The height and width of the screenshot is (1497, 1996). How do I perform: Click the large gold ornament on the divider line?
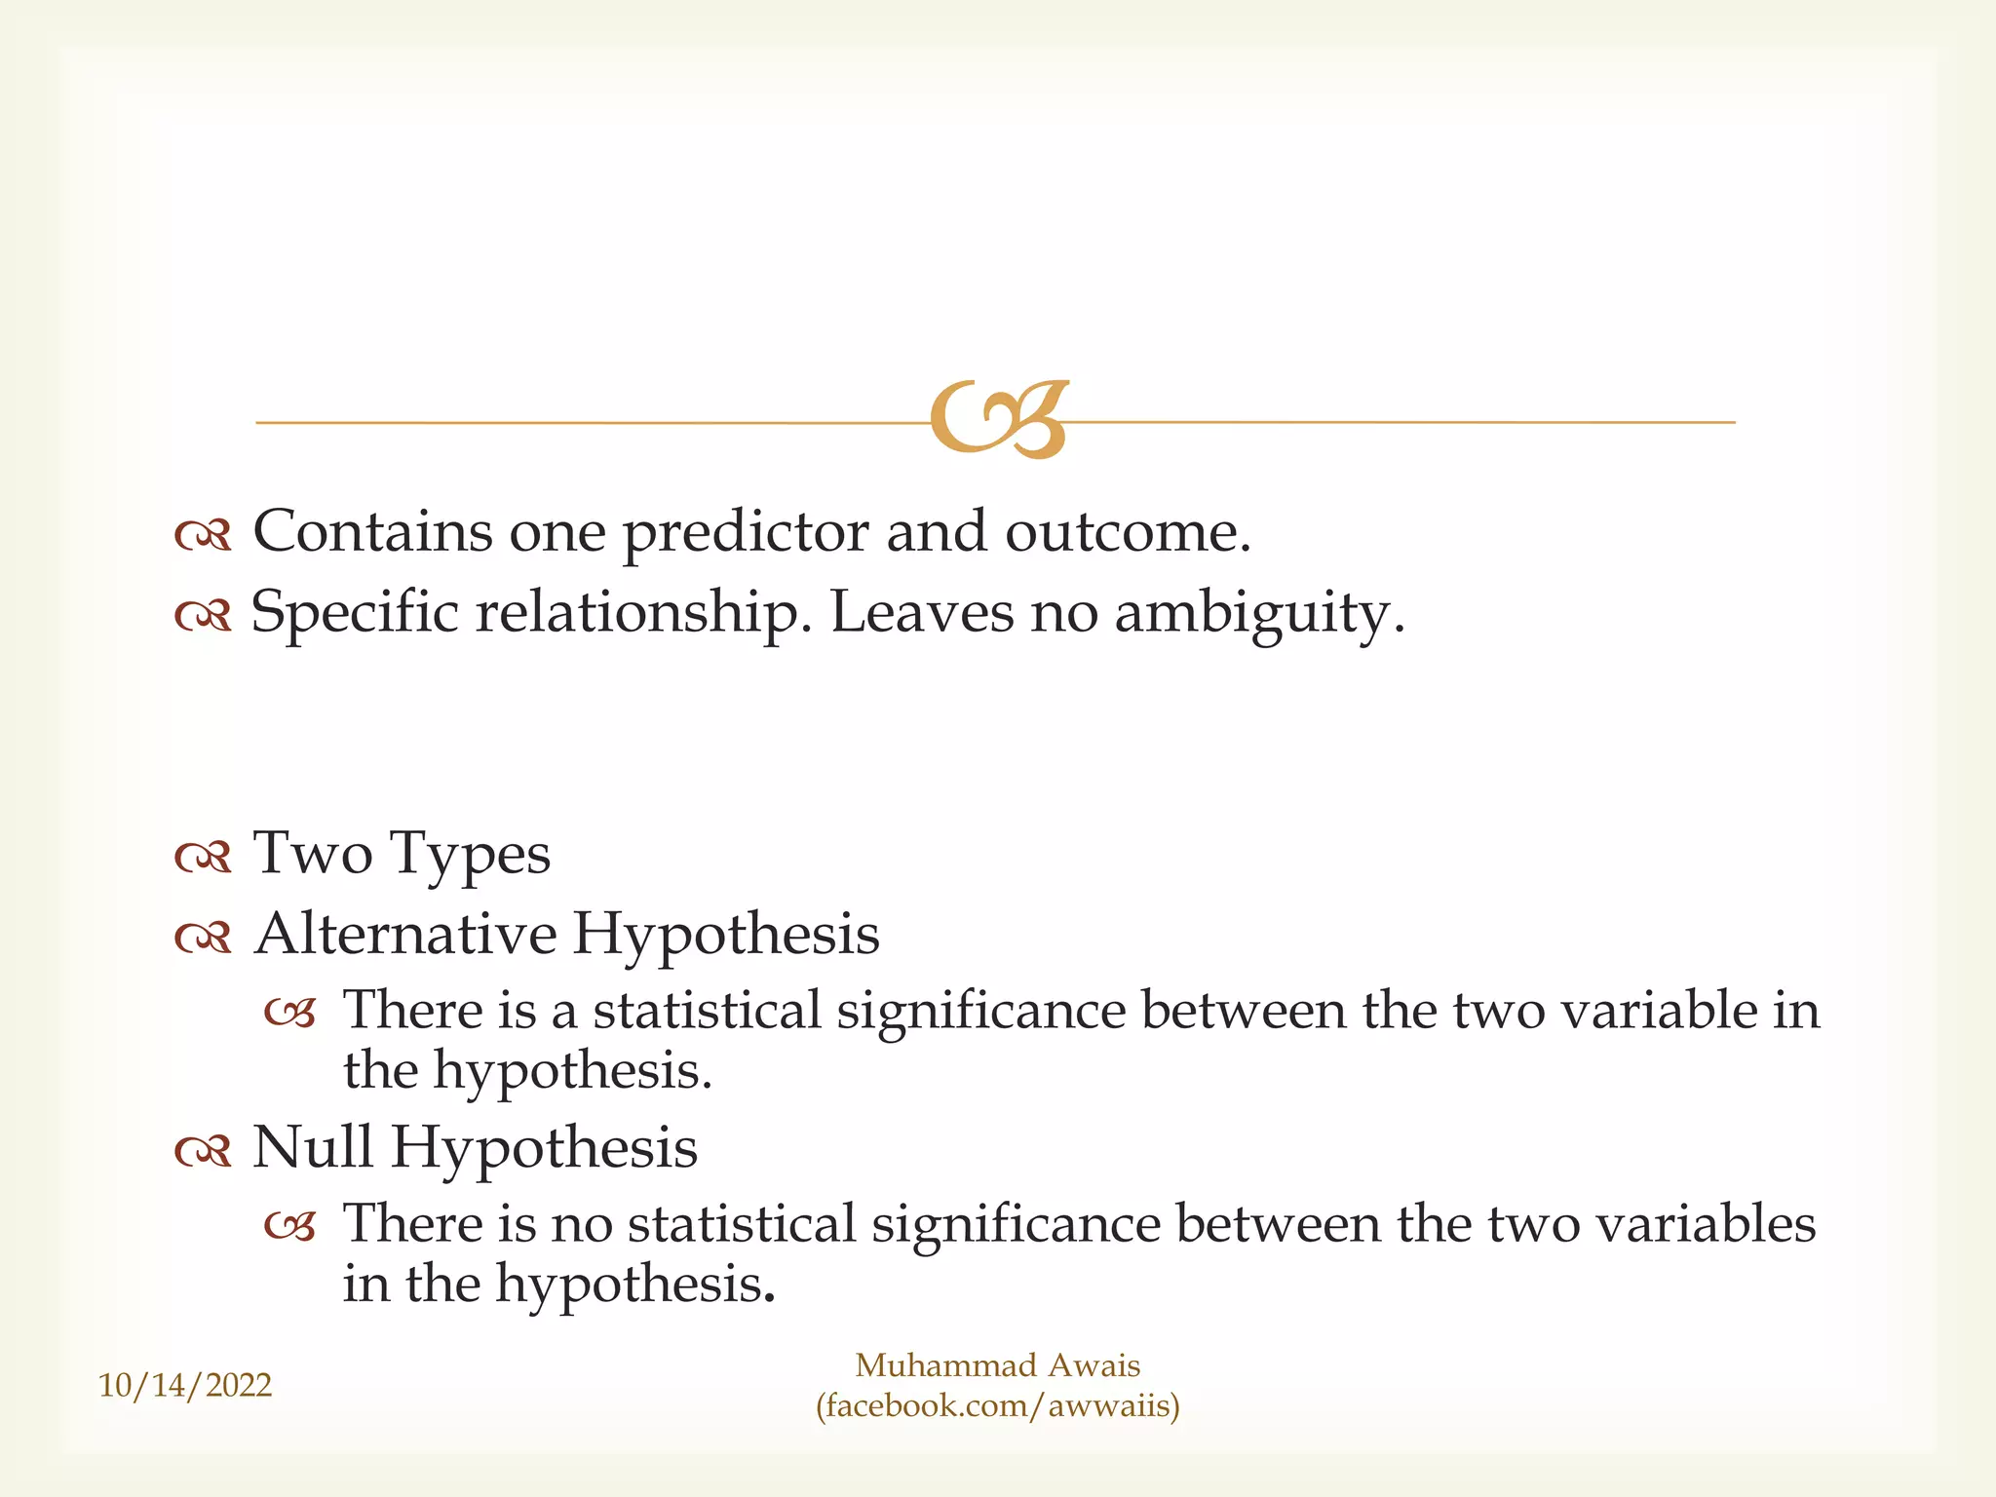[999, 420]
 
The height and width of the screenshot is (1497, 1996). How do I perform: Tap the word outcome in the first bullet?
[1126, 533]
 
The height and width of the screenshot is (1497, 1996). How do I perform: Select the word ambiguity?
[1258, 615]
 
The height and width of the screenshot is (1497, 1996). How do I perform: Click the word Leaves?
[921, 613]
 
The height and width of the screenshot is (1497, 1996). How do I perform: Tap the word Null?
[312, 1147]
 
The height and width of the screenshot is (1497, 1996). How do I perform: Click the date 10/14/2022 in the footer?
[185, 1385]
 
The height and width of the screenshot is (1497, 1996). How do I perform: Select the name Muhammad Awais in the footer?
[997, 1364]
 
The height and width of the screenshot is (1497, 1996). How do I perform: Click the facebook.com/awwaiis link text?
[998, 1405]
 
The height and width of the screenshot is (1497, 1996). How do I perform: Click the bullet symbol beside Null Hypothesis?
[203, 1151]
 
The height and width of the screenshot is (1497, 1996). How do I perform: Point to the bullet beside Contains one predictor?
[203, 535]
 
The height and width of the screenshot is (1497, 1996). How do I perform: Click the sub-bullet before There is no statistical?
[290, 1227]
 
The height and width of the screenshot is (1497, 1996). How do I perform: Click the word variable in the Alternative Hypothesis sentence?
[1659, 1010]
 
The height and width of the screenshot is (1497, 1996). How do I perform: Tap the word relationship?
[643, 615]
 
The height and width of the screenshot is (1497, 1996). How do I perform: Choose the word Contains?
[372, 532]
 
